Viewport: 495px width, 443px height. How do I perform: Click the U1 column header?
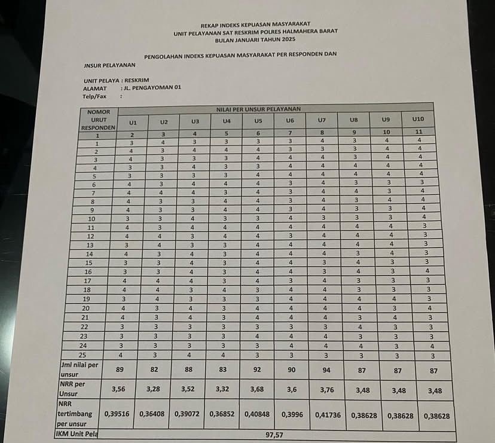coord(133,122)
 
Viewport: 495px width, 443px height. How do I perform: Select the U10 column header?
coord(418,119)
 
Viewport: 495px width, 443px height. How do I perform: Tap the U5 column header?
coord(258,121)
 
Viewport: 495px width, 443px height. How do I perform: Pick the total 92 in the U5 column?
coord(258,370)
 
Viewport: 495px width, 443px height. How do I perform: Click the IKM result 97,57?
coord(274,435)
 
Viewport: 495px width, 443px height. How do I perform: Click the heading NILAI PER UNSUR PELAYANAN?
coord(258,109)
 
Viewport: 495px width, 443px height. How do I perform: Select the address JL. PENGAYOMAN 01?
coord(151,87)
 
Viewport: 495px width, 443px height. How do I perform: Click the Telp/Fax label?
coord(94,96)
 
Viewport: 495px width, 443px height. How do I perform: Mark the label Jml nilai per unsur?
coord(81,368)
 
